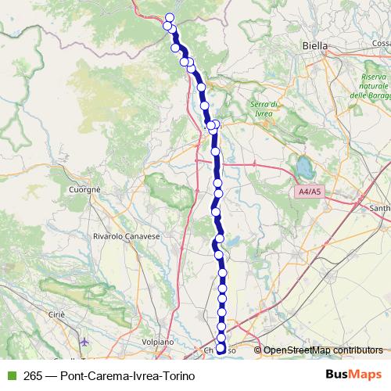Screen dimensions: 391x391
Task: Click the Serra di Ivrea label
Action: [x=264, y=109]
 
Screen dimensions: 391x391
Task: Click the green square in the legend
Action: [x=9, y=375]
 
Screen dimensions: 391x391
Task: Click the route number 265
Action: [x=34, y=376]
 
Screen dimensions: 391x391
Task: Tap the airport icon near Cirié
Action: [x=84, y=342]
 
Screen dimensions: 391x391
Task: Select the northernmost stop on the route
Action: [x=170, y=17]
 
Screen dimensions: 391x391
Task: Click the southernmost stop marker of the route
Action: [x=221, y=349]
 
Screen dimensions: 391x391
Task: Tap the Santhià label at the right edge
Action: [x=381, y=209]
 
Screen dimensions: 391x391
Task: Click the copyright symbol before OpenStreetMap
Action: [x=258, y=350]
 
